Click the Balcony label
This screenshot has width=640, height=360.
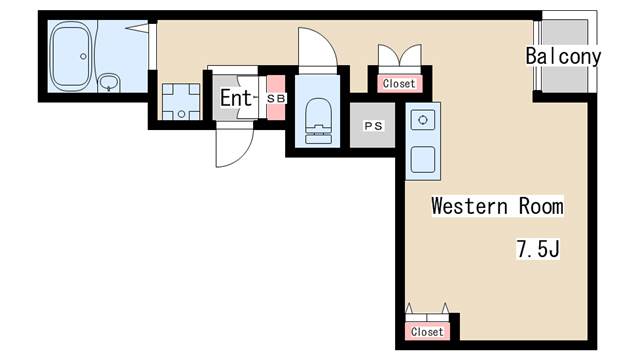(563, 56)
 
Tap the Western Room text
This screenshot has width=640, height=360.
(497, 206)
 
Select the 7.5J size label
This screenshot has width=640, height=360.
(538, 248)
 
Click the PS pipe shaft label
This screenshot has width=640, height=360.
(373, 126)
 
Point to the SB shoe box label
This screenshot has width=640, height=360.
(276, 98)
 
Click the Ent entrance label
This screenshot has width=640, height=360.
(236, 98)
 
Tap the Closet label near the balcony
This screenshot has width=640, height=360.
(399, 84)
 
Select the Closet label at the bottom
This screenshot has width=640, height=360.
(427, 331)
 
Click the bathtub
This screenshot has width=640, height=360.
(71, 56)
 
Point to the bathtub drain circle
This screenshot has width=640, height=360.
(83, 56)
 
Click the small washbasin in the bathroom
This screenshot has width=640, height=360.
(109, 83)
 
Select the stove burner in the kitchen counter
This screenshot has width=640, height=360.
(423, 120)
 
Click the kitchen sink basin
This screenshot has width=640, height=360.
(423, 159)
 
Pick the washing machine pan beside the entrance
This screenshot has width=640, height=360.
(181, 102)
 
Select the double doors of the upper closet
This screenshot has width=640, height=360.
(400, 55)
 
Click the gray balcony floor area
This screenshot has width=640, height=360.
(564, 56)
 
